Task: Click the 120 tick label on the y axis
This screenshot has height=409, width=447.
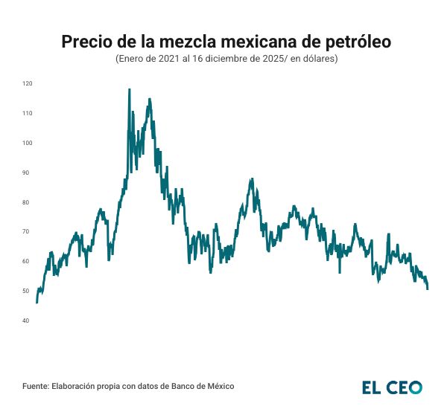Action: pyautogui.click(x=27, y=83)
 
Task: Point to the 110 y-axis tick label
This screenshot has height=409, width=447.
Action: pyautogui.click(x=27, y=113)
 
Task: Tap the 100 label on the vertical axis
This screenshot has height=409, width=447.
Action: pyautogui.click(x=27, y=143)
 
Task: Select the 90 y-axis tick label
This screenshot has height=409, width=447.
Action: pyautogui.click(x=28, y=173)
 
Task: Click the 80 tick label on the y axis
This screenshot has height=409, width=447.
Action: pyautogui.click(x=28, y=202)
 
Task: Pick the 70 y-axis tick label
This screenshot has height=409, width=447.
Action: pyautogui.click(x=28, y=232)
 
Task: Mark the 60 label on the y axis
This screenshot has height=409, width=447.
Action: pyautogui.click(x=28, y=261)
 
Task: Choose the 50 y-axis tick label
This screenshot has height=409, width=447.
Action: pyautogui.click(x=28, y=291)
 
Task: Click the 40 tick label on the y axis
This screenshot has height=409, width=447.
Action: pyautogui.click(x=28, y=321)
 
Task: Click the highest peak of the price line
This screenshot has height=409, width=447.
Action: pyautogui.click(x=130, y=89)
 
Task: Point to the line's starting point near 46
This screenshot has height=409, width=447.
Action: pyautogui.click(x=37, y=302)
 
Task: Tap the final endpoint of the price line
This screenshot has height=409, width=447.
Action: pyautogui.click(x=428, y=289)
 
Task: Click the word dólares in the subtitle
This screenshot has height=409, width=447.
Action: pyautogui.click(x=316, y=58)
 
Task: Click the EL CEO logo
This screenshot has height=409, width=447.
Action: pyautogui.click(x=392, y=387)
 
